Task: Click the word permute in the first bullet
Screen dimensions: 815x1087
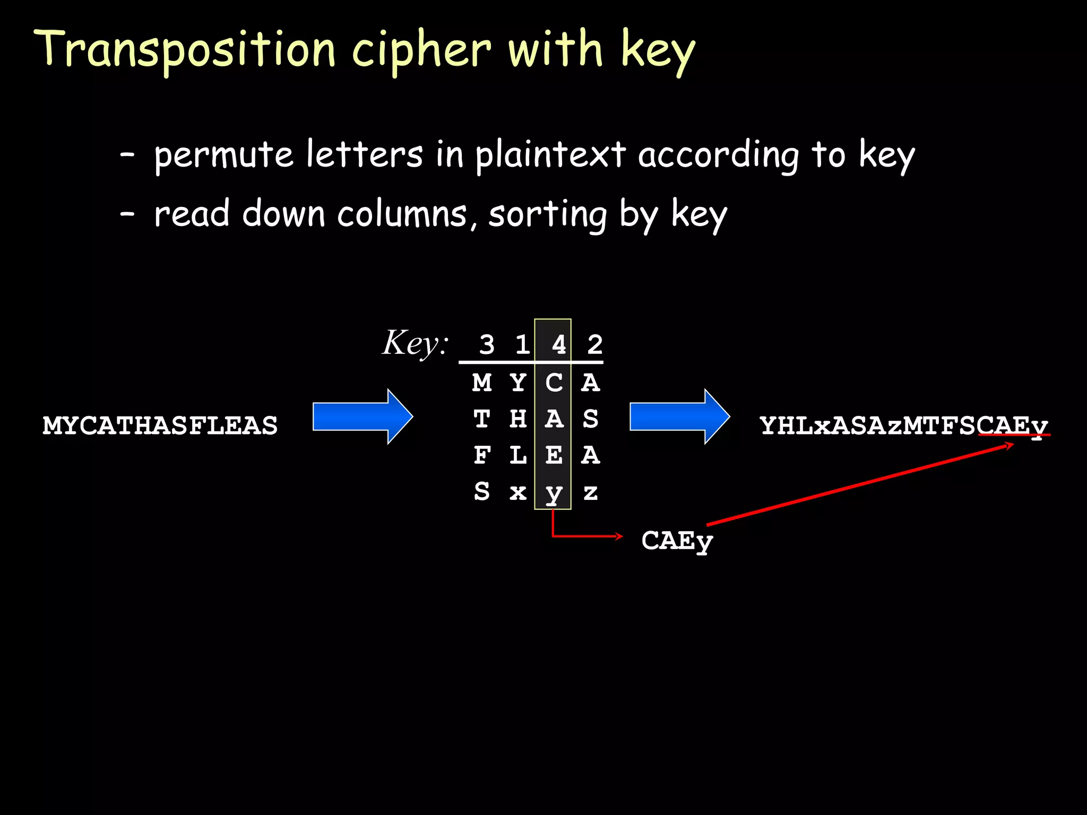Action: pyautogui.click(x=223, y=155)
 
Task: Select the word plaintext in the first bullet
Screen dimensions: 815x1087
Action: pyautogui.click(x=550, y=155)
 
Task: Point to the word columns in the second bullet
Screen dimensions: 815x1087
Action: pyautogui.click(x=402, y=214)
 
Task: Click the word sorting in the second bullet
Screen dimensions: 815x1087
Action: pyautogui.click(x=547, y=214)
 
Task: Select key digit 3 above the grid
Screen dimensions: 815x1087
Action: pyautogui.click(x=487, y=345)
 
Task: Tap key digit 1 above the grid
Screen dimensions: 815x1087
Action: pyautogui.click(x=522, y=345)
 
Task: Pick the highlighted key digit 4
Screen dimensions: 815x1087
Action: pyautogui.click(x=558, y=345)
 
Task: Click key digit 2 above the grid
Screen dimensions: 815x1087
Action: pyautogui.click(x=594, y=345)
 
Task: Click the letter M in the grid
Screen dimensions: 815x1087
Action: pyautogui.click(x=482, y=383)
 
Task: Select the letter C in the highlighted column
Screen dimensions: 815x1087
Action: pyautogui.click(x=554, y=383)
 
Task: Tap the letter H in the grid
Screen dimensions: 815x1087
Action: pyautogui.click(x=518, y=419)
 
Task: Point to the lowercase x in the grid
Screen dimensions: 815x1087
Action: pyautogui.click(x=518, y=492)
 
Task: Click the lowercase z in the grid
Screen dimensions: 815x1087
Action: pyautogui.click(x=590, y=492)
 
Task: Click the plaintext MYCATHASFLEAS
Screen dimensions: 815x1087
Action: pyautogui.click(x=160, y=426)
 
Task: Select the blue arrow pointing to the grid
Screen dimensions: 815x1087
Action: pyautogui.click(x=363, y=417)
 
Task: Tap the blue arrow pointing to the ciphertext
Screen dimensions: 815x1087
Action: pyautogui.click(x=679, y=417)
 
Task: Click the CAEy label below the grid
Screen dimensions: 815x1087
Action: pyautogui.click(x=677, y=541)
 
